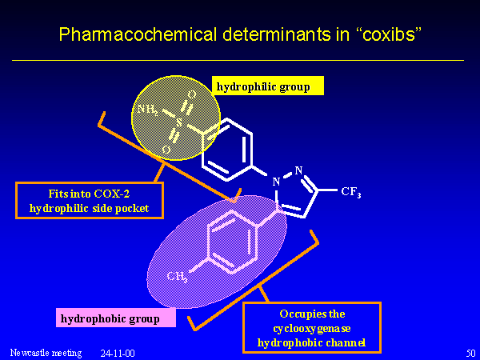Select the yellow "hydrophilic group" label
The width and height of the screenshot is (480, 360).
click(x=268, y=86)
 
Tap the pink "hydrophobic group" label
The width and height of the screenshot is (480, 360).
click(x=117, y=318)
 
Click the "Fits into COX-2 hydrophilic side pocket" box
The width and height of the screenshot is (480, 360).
click(x=90, y=200)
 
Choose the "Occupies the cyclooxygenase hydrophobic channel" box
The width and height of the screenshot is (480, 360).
click(x=311, y=327)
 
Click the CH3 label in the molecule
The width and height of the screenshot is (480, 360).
click(x=177, y=277)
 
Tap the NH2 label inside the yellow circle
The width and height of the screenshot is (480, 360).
click(x=148, y=110)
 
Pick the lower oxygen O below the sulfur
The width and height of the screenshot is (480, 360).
click(x=166, y=149)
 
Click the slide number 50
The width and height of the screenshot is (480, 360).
click(x=470, y=352)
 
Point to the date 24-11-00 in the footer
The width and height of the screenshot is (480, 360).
click(x=118, y=352)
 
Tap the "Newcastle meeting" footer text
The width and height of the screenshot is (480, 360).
click(x=46, y=352)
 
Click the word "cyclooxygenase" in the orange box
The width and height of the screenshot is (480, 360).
click(x=311, y=328)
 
